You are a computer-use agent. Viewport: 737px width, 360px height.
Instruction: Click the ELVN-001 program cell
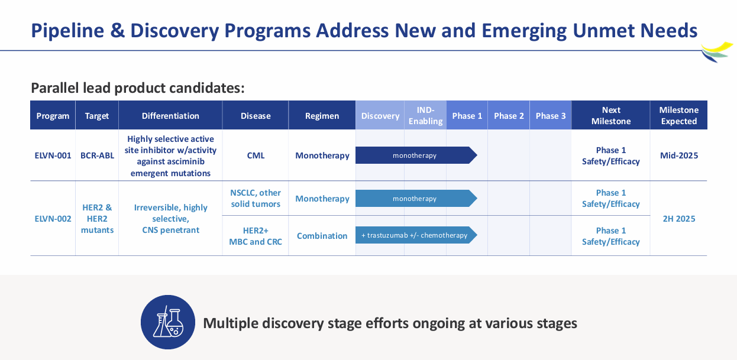[53, 155]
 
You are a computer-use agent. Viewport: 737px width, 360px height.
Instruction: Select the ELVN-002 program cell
[53, 219]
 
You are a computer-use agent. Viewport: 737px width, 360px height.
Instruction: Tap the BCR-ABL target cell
[97, 155]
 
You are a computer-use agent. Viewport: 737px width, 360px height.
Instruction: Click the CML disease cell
[256, 155]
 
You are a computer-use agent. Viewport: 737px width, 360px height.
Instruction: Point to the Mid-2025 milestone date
[678, 155]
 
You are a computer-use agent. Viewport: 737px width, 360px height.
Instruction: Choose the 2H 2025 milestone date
[678, 219]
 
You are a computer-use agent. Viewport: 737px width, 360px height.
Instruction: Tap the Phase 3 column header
[550, 116]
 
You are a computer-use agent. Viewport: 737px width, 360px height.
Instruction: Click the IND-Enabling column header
[425, 116]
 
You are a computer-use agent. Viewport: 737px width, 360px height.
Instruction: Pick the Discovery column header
[380, 116]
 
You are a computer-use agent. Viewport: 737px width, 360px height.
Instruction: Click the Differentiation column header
[170, 116]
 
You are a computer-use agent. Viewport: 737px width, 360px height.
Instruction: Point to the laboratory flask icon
[168, 322]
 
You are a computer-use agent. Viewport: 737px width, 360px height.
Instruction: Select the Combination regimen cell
[322, 236]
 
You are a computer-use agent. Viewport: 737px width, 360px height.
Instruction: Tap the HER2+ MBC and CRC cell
[256, 236]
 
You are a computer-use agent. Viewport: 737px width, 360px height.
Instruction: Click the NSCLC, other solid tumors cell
[256, 199]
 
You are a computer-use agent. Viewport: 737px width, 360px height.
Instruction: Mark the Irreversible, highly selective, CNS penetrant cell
[170, 219]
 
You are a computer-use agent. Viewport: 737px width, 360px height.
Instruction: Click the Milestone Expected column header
[678, 116]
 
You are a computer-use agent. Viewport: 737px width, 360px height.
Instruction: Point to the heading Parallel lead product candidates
[138, 88]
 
